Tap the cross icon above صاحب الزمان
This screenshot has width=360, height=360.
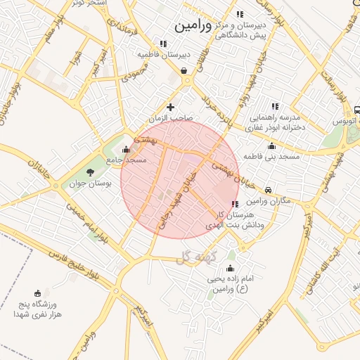[x=170, y=107]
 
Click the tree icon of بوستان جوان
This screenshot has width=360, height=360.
[x=89, y=172]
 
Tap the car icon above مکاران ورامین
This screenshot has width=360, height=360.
[x=269, y=190]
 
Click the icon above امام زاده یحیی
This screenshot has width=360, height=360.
[x=230, y=269]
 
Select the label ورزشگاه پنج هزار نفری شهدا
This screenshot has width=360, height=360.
[x=39, y=309]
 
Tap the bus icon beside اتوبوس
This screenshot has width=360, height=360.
[x=357, y=110]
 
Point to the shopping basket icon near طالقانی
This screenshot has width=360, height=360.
[x=184, y=70]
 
